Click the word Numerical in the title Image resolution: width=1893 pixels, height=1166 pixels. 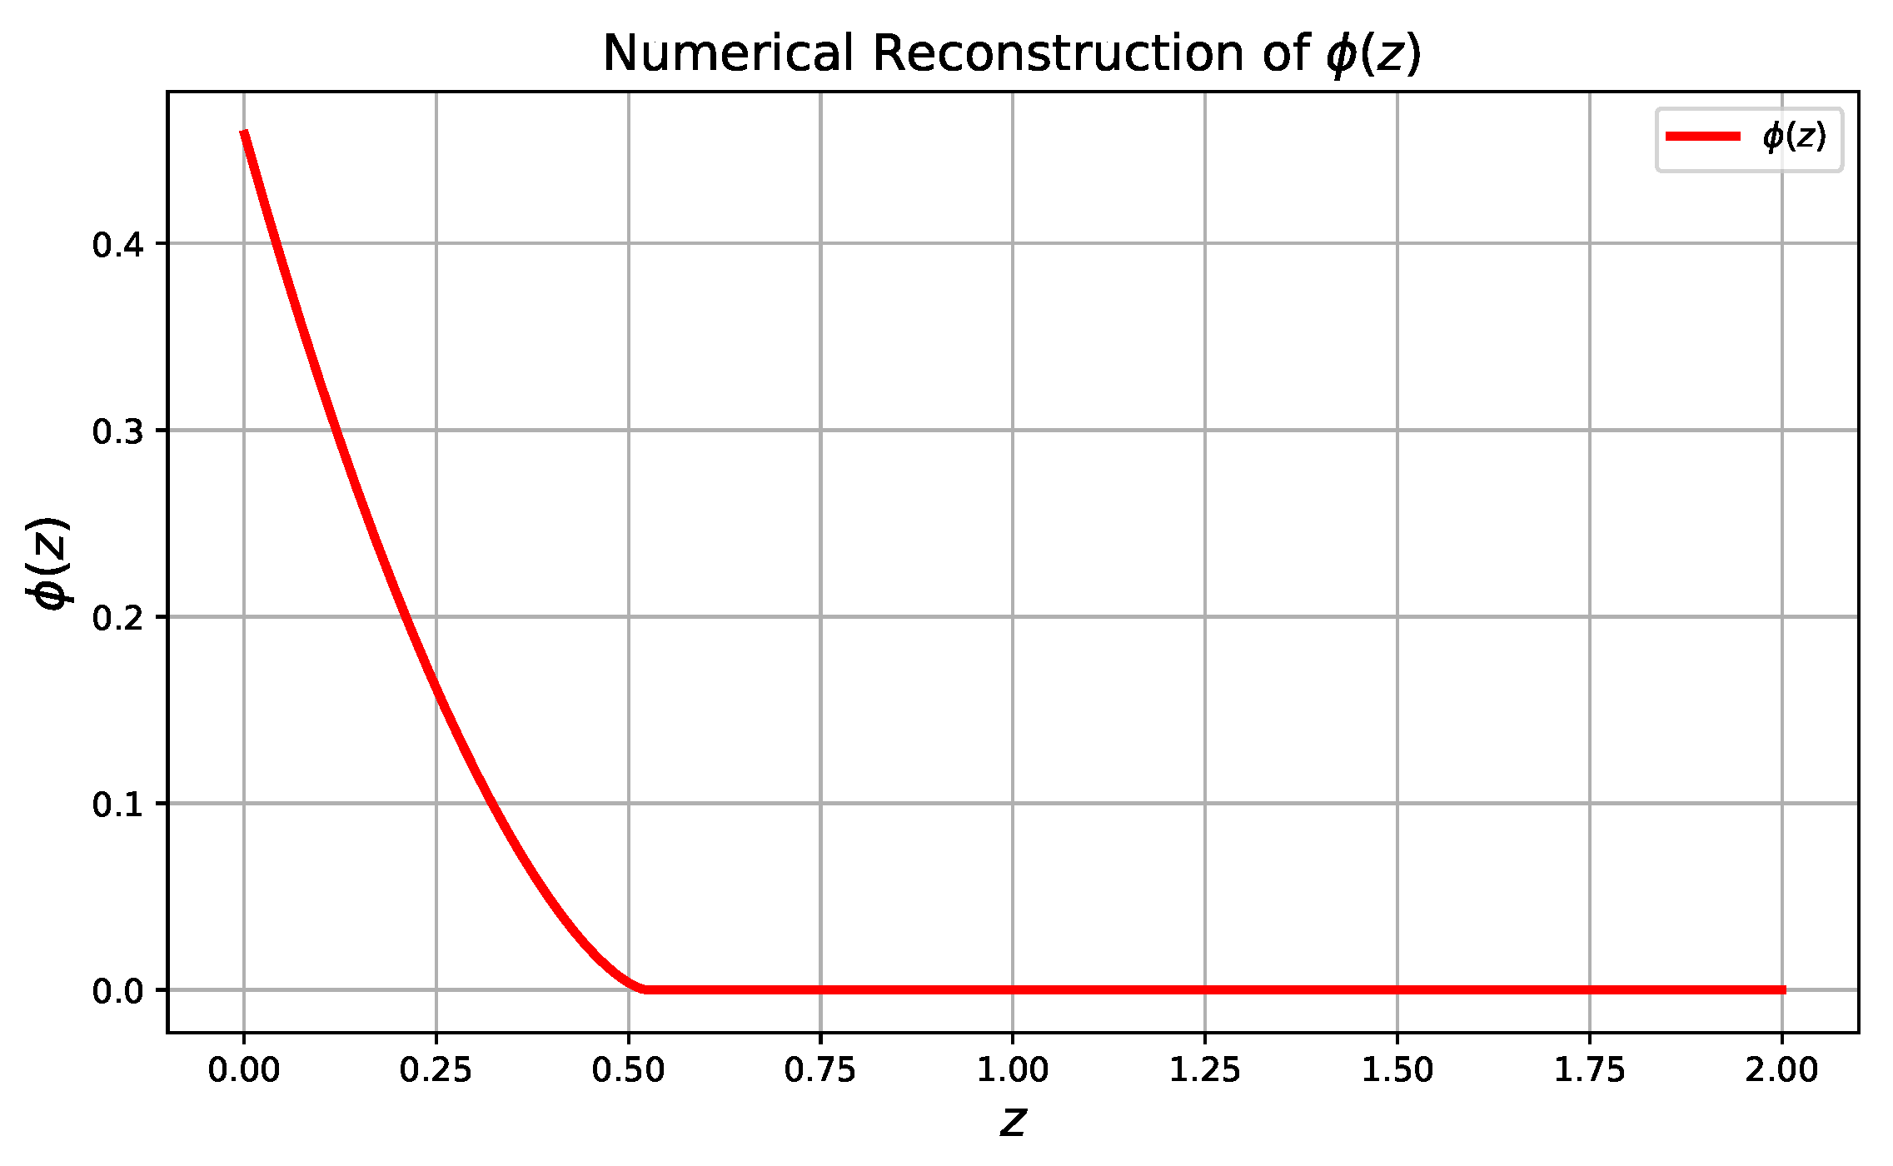[x=728, y=54]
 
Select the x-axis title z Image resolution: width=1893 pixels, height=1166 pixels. [x=1013, y=1122]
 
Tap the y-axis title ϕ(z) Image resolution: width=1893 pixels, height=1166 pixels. [x=48, y=563]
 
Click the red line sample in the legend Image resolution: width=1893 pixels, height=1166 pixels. [x=1702, y=137]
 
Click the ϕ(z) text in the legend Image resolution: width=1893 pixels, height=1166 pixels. [x=1794, y=137]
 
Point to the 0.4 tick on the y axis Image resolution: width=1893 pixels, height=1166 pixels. [x=117, y=245]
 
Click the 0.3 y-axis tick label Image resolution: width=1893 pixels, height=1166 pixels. [x=117, y=431]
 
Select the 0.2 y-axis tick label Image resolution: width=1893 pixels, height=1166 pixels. [x=117, y=618]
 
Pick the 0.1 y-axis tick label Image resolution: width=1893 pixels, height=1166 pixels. [x=117, y=805]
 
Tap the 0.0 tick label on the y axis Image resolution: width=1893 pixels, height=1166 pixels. [x=117, y=991]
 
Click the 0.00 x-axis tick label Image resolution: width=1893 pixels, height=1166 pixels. [x=244, y=1070]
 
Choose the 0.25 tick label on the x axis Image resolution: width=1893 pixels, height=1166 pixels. [x=436, y=1070]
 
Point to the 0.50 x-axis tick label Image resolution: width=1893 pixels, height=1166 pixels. [x=628, y=1070]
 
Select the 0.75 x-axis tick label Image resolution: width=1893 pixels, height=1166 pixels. [x=820, y=1070]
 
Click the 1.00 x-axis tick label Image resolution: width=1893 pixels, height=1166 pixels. [x=1013, y=1070]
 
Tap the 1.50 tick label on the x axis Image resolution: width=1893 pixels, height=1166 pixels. [x=1397, y=1070]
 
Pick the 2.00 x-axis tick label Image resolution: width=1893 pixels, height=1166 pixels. [x=1781, y=1070]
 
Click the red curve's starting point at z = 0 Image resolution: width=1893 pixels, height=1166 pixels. [x=244, y=132]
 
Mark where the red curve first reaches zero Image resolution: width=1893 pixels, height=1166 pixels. [x=645, y=989]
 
